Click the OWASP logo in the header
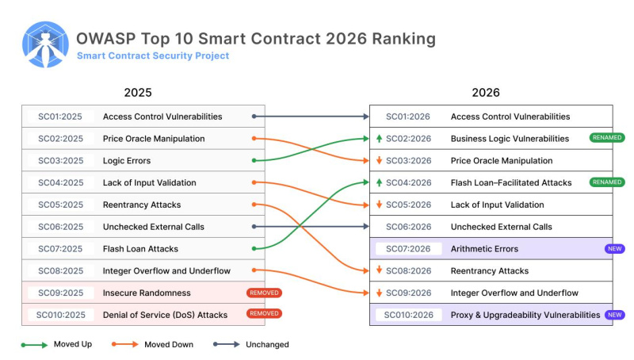[45, 44]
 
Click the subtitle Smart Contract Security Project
[153, 56]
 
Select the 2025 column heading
[138, 93]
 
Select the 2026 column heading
[486, 93]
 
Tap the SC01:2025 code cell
[60, 117]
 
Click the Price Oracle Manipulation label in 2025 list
[154, 139]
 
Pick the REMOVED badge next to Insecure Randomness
[264, 293]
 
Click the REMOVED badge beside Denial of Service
[264, 315]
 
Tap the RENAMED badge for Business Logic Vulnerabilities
[606, 138]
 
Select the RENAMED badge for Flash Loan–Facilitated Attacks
[606, 182]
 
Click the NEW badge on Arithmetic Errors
[614, 249]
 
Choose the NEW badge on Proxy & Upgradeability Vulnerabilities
[614, 315]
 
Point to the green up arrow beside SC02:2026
[380, 139]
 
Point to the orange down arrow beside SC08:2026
[380, 271]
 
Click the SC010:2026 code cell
[407, 315]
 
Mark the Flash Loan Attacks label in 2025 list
[140, 249]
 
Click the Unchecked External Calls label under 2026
[501, 227]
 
